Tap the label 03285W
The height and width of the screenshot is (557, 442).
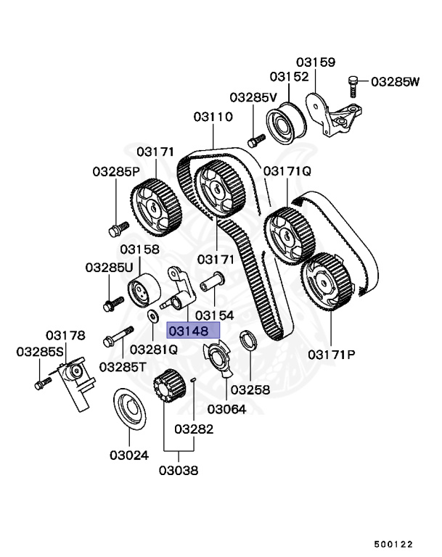pyautogui.click(x=395, y=81)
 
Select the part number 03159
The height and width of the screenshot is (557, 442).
pyautogui.click(x=315, y=62)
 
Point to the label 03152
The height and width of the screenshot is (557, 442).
pyautogui.click(x=290, y=77)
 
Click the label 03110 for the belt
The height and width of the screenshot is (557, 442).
pyautogui.click(x=213, y=116)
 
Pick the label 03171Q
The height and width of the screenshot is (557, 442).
pyautogui.click(x=287, y=171)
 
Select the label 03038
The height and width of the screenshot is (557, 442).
pyautogui.click(x=178, y=470)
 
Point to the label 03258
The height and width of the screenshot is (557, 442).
pyautogui.click(x=250, y=389)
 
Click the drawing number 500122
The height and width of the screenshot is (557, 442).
pyautogui.click(x=393, y=542)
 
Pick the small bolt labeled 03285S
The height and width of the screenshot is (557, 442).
pyautogui.click(x=41, y=383)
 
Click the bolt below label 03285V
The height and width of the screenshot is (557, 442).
pyautogui.click(x=255, y=138)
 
